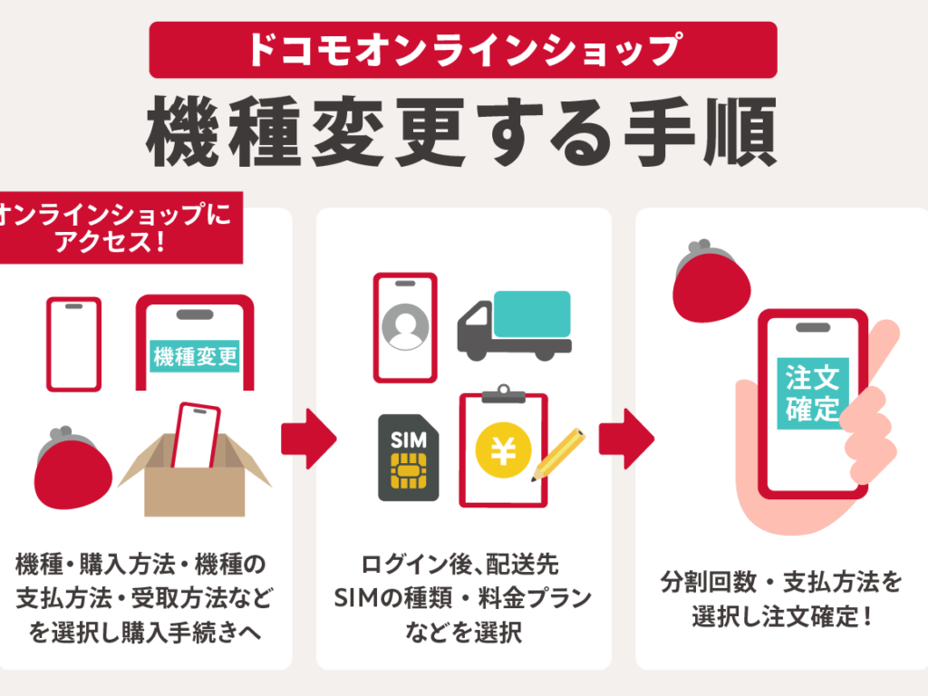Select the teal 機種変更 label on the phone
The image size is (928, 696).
195,356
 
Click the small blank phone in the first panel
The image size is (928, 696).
73,344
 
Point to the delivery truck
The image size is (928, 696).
514,324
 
